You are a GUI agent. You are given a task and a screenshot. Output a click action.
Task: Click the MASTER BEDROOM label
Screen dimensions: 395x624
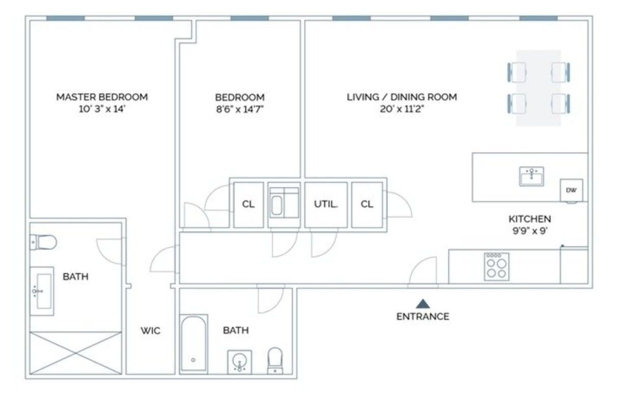102,97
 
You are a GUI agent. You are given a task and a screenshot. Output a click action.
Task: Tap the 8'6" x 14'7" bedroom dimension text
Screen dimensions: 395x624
240,109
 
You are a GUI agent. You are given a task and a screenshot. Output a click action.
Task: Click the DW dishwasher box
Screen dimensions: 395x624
571,190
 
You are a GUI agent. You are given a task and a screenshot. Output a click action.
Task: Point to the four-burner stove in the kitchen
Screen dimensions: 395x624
496,266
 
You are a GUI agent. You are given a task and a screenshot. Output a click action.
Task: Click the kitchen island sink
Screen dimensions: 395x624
531,177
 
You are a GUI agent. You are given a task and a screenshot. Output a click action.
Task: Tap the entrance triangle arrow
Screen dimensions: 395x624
422,304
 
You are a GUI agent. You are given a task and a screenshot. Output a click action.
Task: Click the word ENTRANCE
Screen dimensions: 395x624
422,317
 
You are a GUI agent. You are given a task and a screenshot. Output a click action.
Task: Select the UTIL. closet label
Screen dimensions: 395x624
326,204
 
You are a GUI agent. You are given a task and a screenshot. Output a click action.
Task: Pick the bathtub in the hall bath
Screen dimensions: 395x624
194,344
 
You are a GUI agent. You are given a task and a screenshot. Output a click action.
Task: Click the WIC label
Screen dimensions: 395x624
150,331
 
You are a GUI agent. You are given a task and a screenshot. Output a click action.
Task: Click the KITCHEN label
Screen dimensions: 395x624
529,219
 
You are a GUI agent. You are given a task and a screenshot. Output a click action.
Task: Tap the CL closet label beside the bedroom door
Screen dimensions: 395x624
248,204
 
